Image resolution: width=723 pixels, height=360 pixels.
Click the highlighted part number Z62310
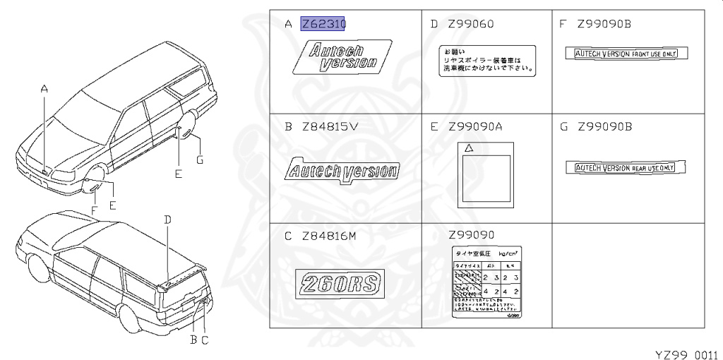pyautogui.click(x=323, y=25)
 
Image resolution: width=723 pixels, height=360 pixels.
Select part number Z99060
pyautogui.click(x=472, y=25)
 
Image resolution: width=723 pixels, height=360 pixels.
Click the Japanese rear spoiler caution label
pyautogui.click(x=486, y=61)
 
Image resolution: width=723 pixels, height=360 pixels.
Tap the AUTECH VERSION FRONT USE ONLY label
pyautogui.click(x=626, y=54)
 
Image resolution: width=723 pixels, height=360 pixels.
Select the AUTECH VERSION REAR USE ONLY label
pyautogui.click(x=626, y=167)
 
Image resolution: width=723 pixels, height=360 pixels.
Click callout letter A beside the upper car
pyautogui.click(x=44, y=89)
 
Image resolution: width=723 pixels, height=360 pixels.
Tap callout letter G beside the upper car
pyautogui.click(x=200, y=160)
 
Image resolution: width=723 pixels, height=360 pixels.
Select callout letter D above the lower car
pyautogui.click(x=167, y=220)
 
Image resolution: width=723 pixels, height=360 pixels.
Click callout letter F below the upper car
pyautogui.click(x=93, y=210)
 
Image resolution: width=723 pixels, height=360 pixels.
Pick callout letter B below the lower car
pyautogui.click(x=193, y=340)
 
